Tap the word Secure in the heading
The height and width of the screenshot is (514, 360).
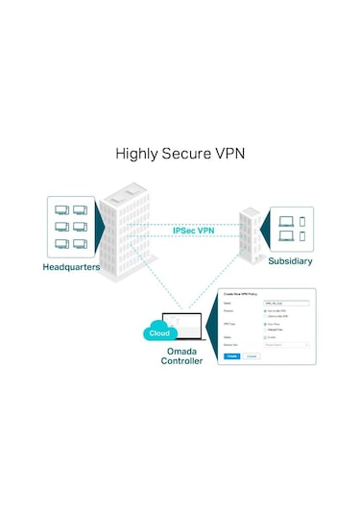point(187,153)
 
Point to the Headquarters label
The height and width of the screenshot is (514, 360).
point(72,265)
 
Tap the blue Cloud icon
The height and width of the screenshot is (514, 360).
point(160,333)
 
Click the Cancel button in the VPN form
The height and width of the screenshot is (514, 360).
point(252,355)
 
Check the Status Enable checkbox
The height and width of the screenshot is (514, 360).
point(265,336)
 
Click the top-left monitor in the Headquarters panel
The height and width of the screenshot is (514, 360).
point(60,208)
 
